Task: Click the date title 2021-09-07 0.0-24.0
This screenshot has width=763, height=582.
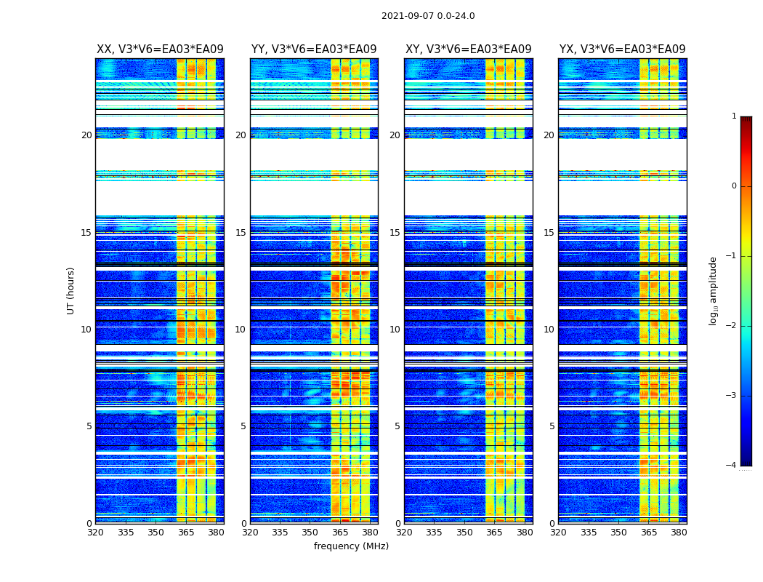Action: pos(428,16)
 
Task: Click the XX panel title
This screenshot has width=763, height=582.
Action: pos(160,49)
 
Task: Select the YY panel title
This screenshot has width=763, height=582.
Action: pos(314,49)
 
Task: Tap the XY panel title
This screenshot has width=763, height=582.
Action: pos(468,49)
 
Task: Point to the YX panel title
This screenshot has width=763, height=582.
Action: pos(622,49)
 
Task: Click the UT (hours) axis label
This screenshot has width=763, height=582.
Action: pos(71,290)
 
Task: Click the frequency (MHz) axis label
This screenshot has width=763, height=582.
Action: pos(351,546)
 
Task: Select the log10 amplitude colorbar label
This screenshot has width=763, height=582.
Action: pos(714,290)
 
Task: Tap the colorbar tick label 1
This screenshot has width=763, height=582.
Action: pos(734,116)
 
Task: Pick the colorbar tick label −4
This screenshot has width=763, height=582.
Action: pos(732,466)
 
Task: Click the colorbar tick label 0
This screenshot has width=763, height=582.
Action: pos(734,186)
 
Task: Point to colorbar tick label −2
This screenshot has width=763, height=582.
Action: pos(732,326)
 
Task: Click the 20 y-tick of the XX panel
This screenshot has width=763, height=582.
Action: pos(86,135)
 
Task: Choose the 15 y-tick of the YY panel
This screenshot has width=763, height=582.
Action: pos(241,233)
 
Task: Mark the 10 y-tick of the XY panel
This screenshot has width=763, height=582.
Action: pos(395,330)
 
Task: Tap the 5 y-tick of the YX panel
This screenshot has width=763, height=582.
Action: pos(552,426)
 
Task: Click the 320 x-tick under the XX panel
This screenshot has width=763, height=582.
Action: pos(95,533)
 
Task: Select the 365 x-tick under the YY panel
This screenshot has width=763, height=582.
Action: pos(340,533)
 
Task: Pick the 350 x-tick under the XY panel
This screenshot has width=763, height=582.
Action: pos(464,533)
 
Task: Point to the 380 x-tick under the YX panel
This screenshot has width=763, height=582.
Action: pos(679,533)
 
